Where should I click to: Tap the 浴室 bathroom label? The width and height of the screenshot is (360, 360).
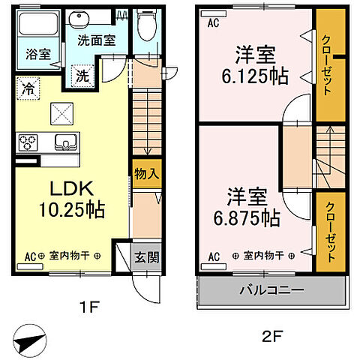click(x=38, y=54)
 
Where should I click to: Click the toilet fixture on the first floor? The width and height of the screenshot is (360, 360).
click(x=148, y=28)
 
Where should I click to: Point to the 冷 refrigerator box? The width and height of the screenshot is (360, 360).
click(x=27, y=88)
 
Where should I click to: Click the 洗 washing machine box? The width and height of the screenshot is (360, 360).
click(x=83, y=75)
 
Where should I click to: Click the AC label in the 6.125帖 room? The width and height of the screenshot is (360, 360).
click(x=213, y=23)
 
